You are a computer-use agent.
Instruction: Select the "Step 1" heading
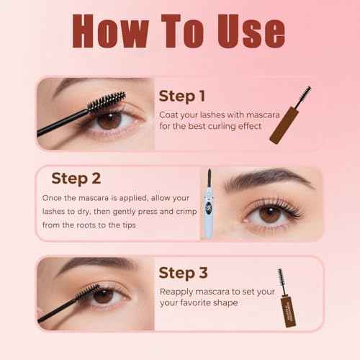pos(181,96)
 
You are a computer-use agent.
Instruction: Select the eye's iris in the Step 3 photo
pos(102,296)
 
